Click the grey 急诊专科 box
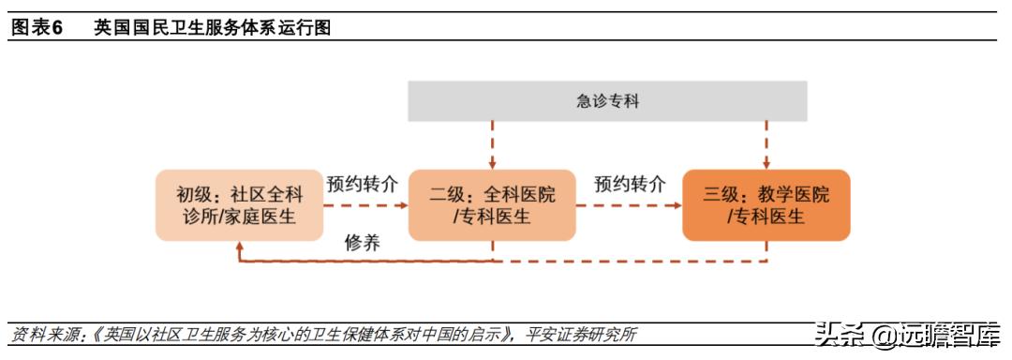pyautogui.click(x=607, y=101)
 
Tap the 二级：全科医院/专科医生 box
pyautogui.click(x=492, y=205)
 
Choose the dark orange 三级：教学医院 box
pyautogui.click(x=766, y=205)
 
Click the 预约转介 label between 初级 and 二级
pyautogui.click(x=361, y=184)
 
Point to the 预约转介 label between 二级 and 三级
pyautogui.click(x=630, y=184)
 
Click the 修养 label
pyautogui.click(x=362, y=243)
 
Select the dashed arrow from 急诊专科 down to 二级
pyautogui.click(x=493, y=145)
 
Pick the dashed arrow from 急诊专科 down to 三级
pyautogui.click(x=766, y=145)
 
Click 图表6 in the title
pyautogui.click(x=37, y=28)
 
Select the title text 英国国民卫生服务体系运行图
pyautogui.click(x=212, y=28)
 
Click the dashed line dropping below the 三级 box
pyautogui.click(x=766, y=251)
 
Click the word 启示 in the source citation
pyautogui.click(x=489, y=335)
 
